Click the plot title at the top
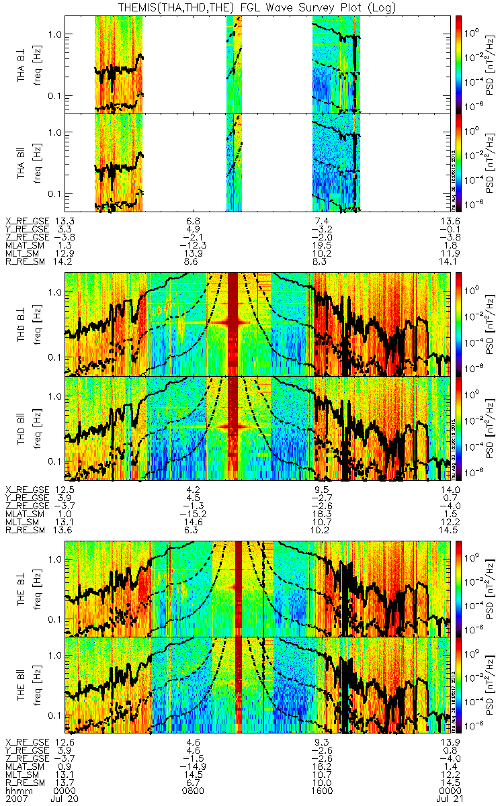tap(252, 7)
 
